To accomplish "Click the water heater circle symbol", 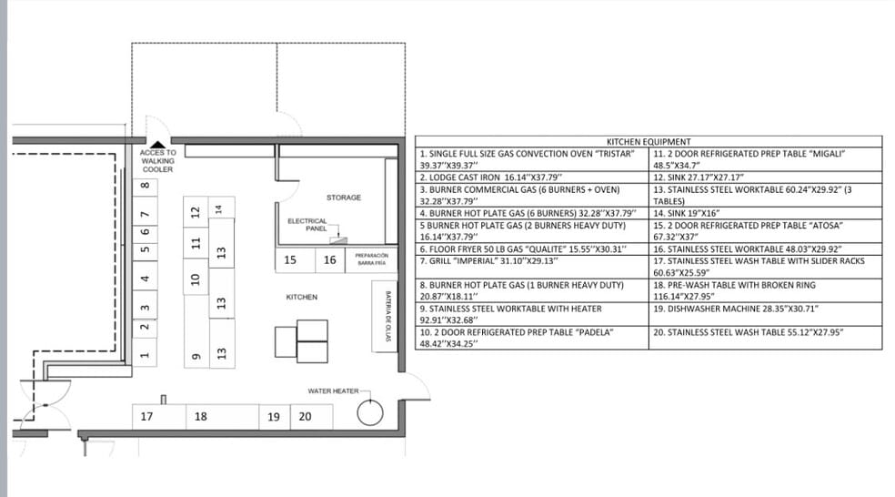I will (370, 413).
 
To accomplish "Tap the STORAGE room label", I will (344, 198).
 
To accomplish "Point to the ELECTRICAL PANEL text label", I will (307, 225).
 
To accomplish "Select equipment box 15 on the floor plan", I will (290, 260).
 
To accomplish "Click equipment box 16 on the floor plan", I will (330, 260).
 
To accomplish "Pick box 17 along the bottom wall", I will (146, 417).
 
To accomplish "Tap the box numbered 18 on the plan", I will (201, 417).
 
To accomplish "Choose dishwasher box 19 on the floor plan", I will (274, 417).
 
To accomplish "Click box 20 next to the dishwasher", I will (306, 417).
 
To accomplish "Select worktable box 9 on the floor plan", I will (193, 356).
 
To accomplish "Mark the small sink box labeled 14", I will (218, 208).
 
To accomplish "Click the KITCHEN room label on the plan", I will (301, 298).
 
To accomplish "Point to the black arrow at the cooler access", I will (158, 143).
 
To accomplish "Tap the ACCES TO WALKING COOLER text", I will (158, 161).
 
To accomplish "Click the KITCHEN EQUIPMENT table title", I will (648, 141).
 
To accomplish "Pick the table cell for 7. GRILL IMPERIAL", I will (530, 267).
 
